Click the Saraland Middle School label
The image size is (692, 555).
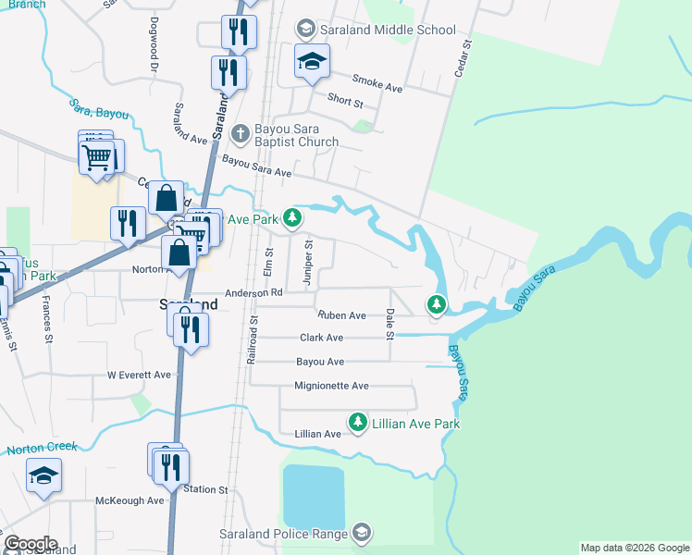pos(388,30)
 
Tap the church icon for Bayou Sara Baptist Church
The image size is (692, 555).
pos(240,133)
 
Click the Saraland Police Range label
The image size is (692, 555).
pos(283,534)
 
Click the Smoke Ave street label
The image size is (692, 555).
pos(378,88)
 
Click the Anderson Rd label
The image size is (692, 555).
pos(253,292)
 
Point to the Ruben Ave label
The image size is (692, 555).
pos(343,315)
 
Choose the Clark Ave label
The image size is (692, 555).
pos(321,339)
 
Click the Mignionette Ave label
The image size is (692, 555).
pos(331,386)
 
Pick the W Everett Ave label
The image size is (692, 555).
pos(139,375)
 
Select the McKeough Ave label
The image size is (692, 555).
pos(130,500)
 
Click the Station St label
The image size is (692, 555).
pos(205,489)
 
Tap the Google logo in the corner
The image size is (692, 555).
pos(30,544)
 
